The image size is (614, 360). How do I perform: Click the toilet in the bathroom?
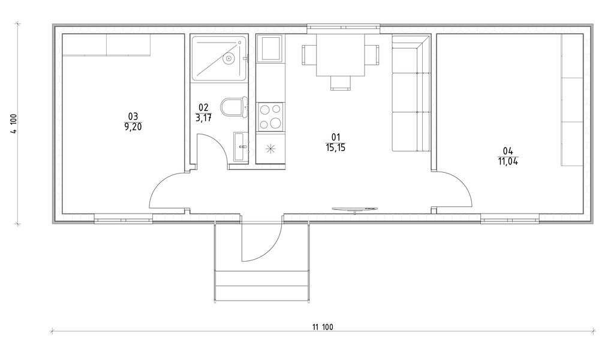click(x=234, y=107)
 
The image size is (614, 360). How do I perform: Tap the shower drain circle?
click(x=228, y=59)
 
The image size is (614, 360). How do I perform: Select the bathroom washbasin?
click(x=240, y=146)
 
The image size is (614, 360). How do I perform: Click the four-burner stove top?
click(x=270, y=117)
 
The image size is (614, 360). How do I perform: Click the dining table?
click(x=341, y=55)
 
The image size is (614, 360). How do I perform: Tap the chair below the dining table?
click(x=341, y=83)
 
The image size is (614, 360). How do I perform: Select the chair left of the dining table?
click(x=309, y=55)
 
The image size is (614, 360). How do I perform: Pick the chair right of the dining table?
click(x=372, y=55)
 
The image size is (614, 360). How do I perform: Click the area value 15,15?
click(x=336, y=148)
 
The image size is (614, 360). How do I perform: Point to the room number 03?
click(x=133, y=116)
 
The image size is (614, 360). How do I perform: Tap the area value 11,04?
click(x=508, y=161)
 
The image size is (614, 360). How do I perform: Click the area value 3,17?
click(x=204, y=118)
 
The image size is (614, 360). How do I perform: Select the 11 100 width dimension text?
click(x=323, y=327)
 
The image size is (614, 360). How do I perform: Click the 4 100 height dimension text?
click(x=14, y=124)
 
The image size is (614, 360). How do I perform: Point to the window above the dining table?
click(x=344, y=27)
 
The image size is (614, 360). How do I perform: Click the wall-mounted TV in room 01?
click(x=355, y=209)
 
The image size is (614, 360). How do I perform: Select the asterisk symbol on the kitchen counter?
click(x=270, y=149)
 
